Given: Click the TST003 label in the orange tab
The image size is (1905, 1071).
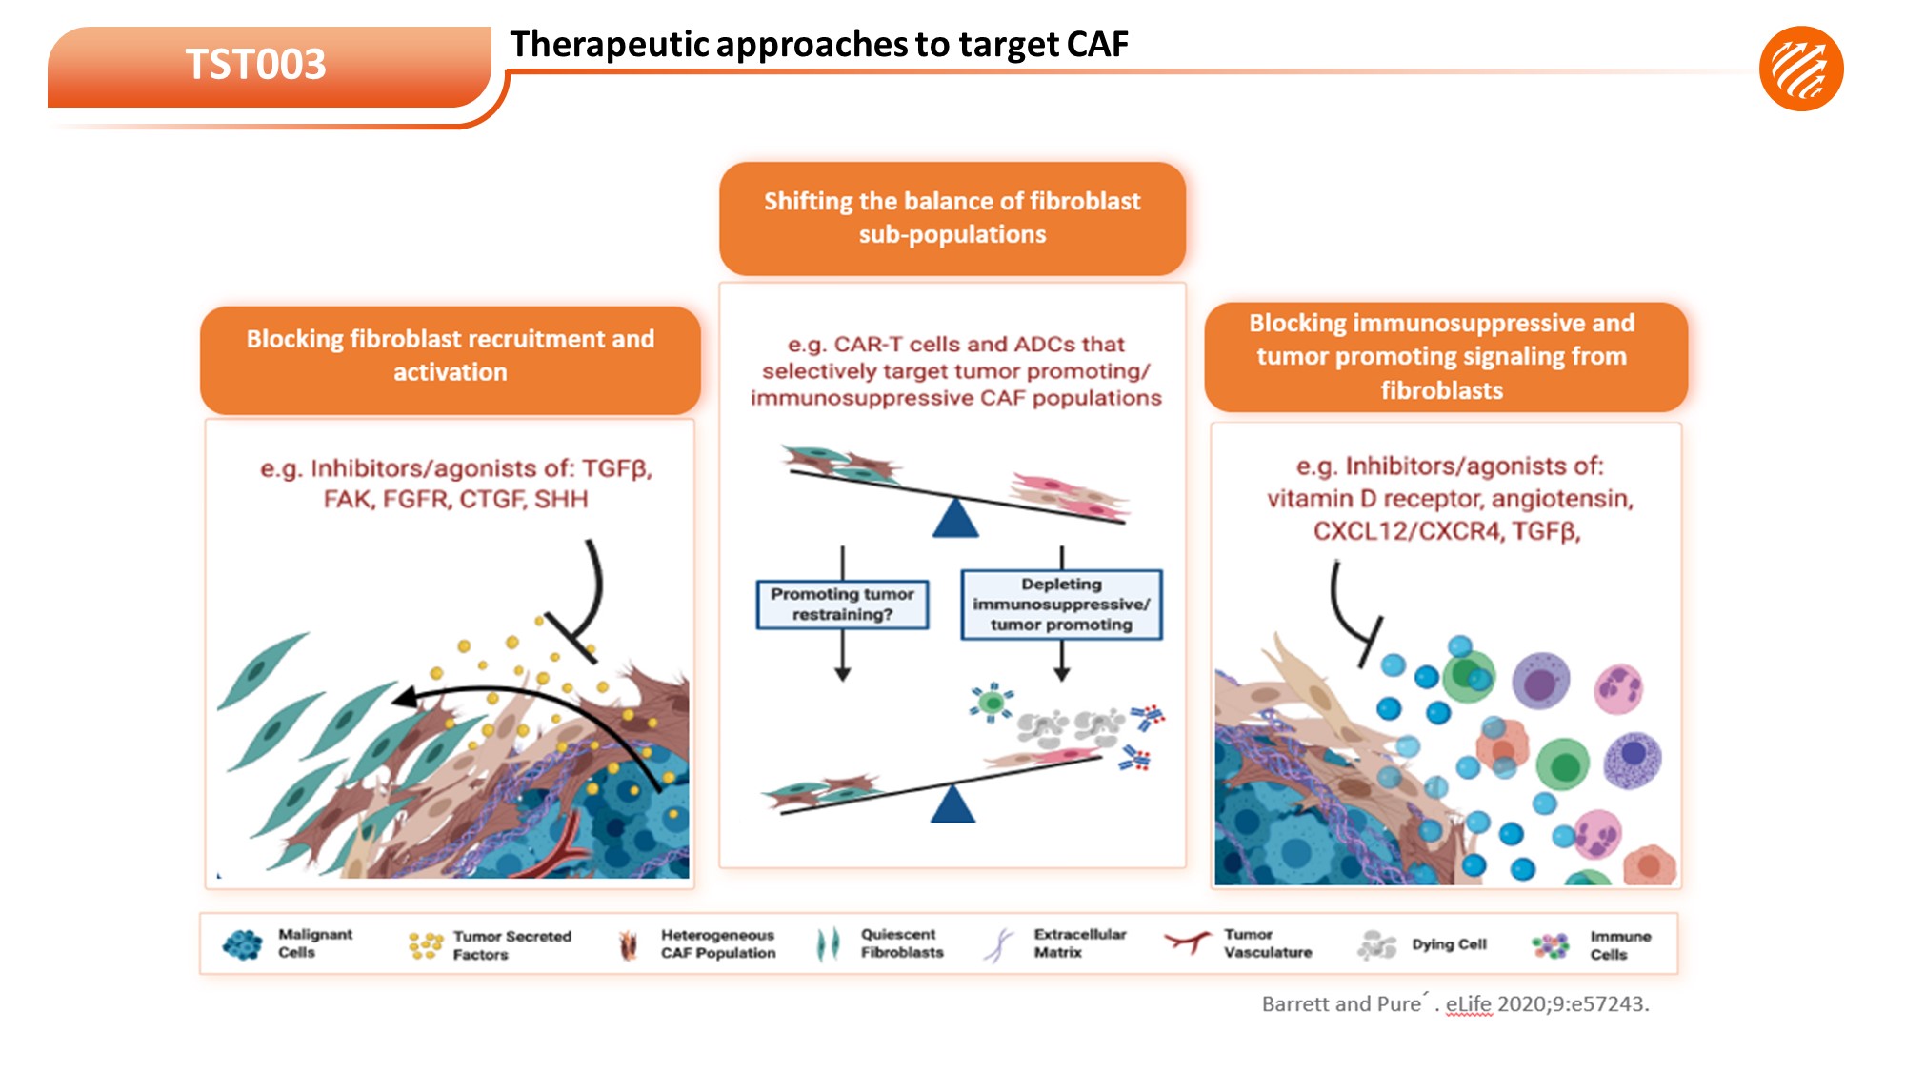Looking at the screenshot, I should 255,65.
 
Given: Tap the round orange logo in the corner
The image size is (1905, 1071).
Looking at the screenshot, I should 1800,69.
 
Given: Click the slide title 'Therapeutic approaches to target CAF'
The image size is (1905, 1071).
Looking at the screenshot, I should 818,44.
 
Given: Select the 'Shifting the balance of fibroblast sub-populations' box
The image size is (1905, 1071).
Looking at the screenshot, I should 952,218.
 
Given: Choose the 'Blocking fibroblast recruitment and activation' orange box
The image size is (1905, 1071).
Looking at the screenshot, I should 450,357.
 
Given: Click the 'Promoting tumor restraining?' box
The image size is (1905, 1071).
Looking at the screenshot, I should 842,605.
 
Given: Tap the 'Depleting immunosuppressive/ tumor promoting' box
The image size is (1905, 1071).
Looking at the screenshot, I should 1061,605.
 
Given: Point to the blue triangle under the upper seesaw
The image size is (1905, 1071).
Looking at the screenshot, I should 955,520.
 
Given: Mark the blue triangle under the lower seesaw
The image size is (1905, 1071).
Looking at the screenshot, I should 952,804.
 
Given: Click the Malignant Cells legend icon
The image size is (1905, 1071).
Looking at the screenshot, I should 242,944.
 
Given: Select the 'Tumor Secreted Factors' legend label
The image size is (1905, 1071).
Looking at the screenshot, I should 511,945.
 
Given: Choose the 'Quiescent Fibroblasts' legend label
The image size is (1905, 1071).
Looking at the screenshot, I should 901,943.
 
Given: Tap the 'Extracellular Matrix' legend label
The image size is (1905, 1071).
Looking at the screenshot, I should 1079,943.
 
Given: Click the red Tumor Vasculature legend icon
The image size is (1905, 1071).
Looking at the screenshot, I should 1186,942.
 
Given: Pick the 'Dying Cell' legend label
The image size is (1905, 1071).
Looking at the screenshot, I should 1449,944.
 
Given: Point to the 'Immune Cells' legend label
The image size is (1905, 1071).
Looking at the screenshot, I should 1619,945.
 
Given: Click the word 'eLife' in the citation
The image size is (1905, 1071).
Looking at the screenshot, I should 1468,1003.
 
